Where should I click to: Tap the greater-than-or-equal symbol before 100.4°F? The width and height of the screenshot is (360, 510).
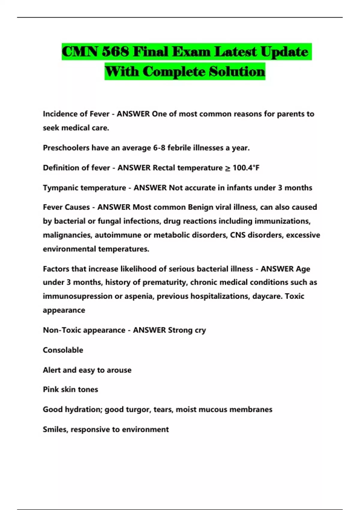coord(228,168)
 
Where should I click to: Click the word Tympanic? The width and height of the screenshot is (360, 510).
coord(60,188)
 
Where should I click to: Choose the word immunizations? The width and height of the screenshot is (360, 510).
coord(282,221)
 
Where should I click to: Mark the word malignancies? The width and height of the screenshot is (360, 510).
coord(67,235)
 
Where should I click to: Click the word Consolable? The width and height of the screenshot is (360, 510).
coord(63,350)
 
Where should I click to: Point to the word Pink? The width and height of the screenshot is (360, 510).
coord(51,389)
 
